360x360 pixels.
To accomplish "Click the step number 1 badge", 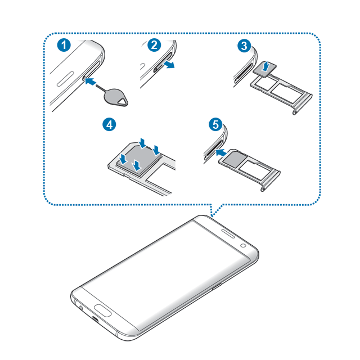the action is (x=64, y=45).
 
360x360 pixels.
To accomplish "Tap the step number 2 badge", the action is (x=154, y=45).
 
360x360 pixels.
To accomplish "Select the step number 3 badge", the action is (x=244, y=46).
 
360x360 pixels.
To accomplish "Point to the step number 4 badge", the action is (x=109, y=125).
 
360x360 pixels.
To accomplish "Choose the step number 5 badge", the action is (x=215, y=125).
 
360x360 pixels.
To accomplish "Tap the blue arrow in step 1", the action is (x=91, y=81).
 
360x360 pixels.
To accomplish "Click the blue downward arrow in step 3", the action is (x=266, y=66).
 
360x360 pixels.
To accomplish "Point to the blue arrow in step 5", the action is (x=221, y=152).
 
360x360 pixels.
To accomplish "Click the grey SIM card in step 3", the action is (x=265, y=69).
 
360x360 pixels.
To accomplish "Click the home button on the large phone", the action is (x=103, y=310).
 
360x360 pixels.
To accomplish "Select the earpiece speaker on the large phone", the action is (x=228, y=233).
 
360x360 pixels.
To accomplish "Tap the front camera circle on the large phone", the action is (x=244, y=245).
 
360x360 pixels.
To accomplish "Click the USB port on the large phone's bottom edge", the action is (x=96, y=319).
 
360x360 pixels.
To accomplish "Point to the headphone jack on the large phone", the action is (x=81, y=308).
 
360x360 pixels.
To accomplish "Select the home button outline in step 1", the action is (x=65, y=79).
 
